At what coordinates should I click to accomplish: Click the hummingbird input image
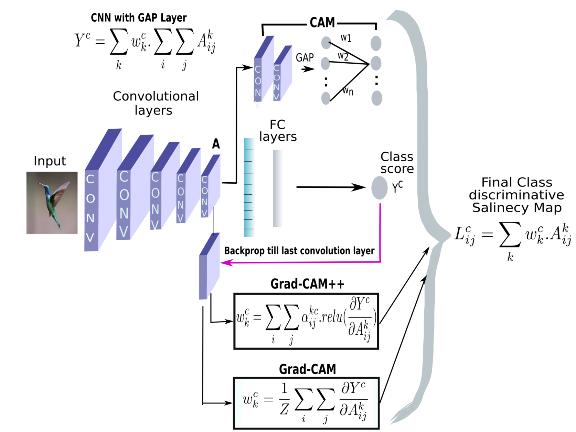(x=52, y=203)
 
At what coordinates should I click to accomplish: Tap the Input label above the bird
(x=50, y=161)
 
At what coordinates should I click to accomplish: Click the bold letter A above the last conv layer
(x=216, y=144)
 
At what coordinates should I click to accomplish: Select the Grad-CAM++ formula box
(x=306, y=321)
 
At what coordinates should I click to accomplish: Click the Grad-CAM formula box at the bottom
(x=306, y=403)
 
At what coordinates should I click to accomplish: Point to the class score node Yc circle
(x=379, y=188)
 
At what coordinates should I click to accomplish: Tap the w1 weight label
(x=346, y=37)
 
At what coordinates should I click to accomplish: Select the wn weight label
(x=348, y=91)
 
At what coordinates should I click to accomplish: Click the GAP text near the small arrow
(x=305, y=57)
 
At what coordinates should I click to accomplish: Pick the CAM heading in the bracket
(x=322, y=23)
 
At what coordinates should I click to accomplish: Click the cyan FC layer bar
(x=249, y=187)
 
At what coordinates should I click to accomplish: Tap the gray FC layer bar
(x=278, y=188)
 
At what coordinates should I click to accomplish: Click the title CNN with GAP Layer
(x=139, y=18)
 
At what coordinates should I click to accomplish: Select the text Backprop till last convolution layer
(x=299, y=251)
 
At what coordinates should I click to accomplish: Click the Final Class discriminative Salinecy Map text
(x=516, y=195)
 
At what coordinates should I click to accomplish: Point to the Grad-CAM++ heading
(x=307, y=284)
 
